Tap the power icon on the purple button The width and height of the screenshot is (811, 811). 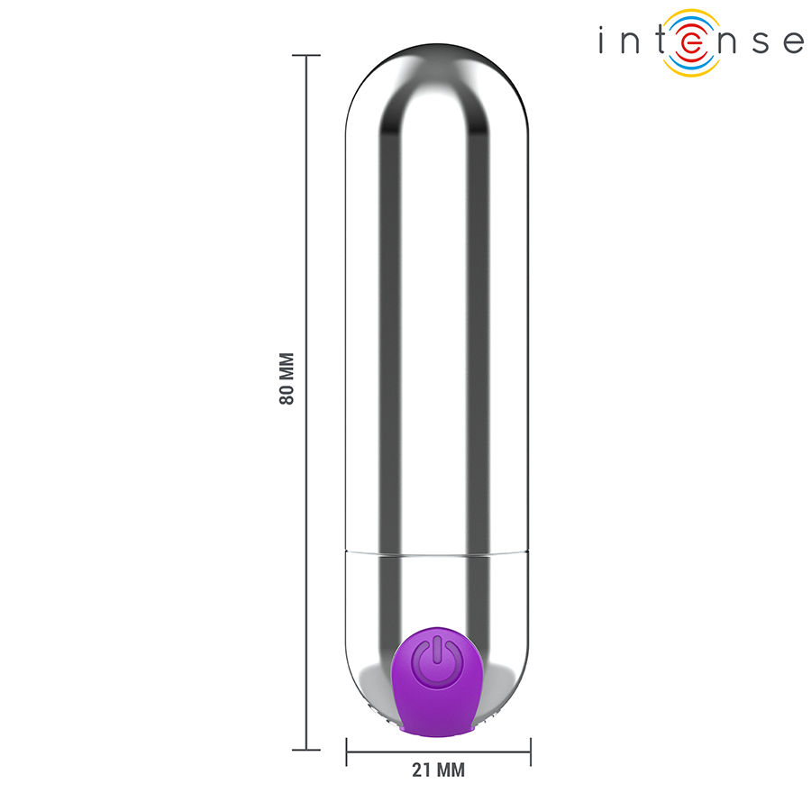tap(435, 660)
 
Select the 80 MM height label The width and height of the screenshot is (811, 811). tap(287, 378)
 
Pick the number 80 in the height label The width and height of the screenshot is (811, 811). tap(287, 394)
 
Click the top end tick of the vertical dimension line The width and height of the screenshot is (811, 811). tap(306, 56)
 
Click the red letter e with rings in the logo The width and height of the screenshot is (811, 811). tap(690, 42)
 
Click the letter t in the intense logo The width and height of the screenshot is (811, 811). tap(660, 41)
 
